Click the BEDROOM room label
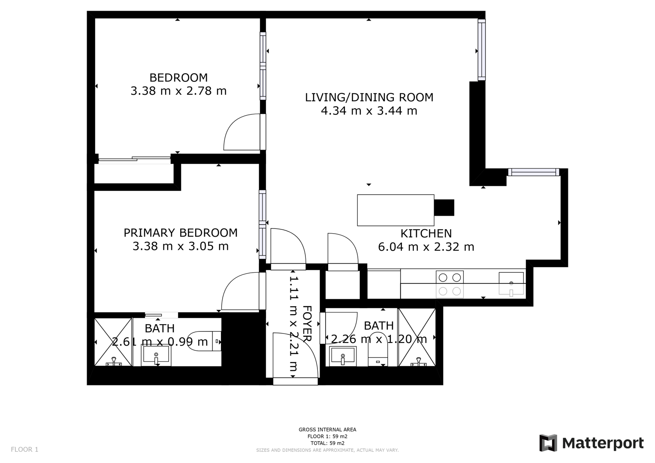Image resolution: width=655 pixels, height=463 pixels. click(x=178, y=78)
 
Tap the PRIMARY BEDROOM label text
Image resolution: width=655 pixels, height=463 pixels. click(x=180, y=233)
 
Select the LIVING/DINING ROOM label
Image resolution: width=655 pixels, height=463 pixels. click(x=369, y=97)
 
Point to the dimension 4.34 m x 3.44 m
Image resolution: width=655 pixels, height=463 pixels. click(x=369, y=111)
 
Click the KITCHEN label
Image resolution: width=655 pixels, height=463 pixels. click(x=426, y=234)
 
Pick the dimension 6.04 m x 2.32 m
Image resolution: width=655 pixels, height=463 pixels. click(x=426, y=247)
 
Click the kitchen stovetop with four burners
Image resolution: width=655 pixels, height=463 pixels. click(x=450, y=284)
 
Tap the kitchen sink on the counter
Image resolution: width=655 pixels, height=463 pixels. click(x=511, y=284)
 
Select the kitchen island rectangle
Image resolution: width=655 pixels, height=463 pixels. click(x=395, y=210)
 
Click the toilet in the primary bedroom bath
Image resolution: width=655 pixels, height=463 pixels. click(x=205, y=341)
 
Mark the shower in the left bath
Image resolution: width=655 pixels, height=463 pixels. click(x=113, y=342)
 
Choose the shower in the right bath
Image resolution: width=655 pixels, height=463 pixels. click(x=417, y=337)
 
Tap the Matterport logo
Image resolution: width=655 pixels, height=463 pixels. click(x=591, y=443)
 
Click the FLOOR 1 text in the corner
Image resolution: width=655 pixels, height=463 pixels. click(x=24, y=449)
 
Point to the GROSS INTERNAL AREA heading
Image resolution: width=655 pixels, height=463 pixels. click(x=327, y=430)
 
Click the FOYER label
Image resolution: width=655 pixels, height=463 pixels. click(x=307, y=323)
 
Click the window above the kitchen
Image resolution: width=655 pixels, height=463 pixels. click(x=534, y=172)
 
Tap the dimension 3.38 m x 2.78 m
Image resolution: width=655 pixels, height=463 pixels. click(x=178, y=91)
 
